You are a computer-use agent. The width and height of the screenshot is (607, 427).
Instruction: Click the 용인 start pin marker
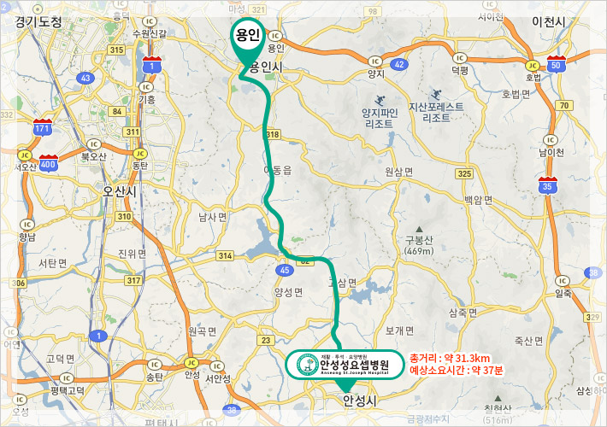248,38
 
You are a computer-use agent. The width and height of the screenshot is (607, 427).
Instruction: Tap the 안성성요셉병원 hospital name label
342,363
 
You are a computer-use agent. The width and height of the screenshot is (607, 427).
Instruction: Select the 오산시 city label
119,191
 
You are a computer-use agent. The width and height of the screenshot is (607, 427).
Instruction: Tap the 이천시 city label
550,20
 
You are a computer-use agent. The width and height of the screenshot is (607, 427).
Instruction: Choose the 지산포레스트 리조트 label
436,113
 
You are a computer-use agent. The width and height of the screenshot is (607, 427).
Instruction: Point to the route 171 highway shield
43,128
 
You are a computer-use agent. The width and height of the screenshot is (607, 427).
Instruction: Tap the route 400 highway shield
48,163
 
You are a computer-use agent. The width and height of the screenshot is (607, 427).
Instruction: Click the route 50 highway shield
556,65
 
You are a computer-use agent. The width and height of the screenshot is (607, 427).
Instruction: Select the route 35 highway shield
547,184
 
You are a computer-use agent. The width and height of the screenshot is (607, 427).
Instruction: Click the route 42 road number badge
400,64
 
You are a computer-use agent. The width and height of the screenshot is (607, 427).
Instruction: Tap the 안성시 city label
359,400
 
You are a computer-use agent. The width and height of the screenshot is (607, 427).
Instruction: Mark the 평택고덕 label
68,390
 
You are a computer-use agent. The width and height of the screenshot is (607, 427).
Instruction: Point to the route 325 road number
464,173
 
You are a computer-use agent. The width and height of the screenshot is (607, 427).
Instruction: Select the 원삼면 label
398,172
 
